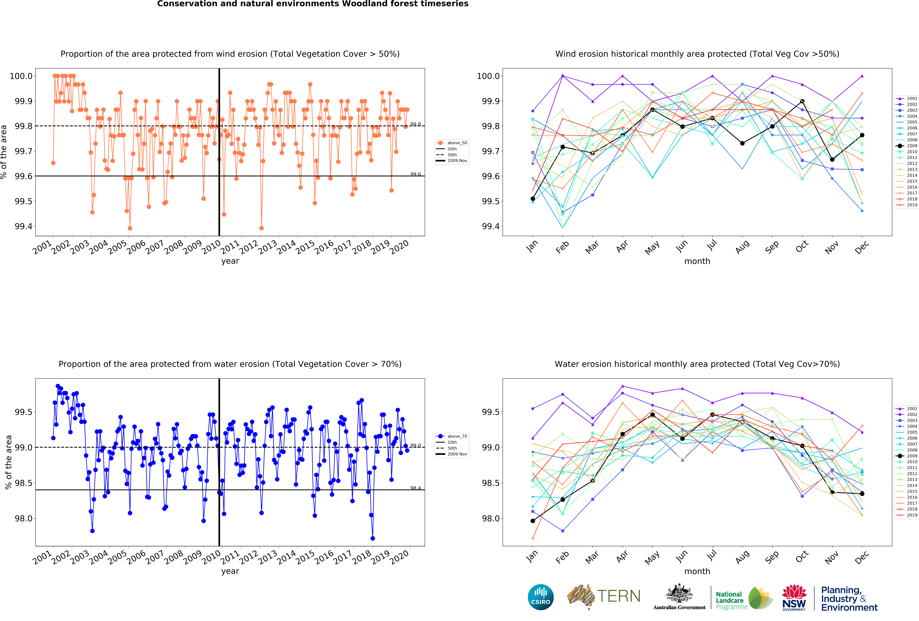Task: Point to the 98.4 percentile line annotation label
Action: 415,488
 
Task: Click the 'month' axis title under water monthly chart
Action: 697,571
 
